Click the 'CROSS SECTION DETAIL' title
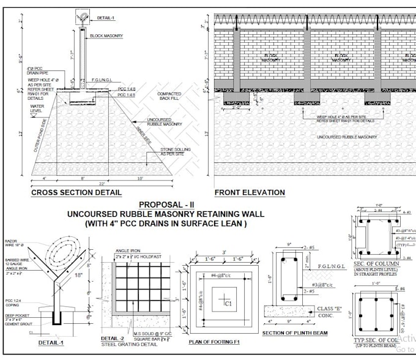coord(76,192)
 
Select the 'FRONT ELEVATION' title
coord(250,192)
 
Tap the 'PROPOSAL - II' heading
coord(167,204)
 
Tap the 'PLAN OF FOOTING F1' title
coord(218,342)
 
